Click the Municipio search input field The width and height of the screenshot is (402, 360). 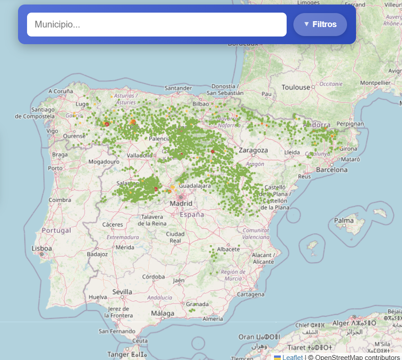(x=156, y=25)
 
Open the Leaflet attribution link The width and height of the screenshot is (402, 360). (x=292, y=357)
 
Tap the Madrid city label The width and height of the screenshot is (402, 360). (x=181, y=204)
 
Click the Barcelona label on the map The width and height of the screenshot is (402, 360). (x=332, y=170)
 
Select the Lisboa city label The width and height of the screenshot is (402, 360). (x=42, y=248)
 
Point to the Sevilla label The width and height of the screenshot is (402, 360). (x=122, y=292)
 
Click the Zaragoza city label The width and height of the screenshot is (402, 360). (x=254, y=150)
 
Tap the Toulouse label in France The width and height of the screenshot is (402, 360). (x=296, y=87)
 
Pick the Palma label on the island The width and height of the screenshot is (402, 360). (x=344, y=220)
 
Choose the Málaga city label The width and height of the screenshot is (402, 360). (x=163, y=313)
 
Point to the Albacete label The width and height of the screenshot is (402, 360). (x=228, y=249)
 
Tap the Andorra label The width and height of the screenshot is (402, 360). (x=318, y=125)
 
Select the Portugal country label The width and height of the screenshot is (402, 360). (x=56, y=230)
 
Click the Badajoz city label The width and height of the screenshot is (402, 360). (x=97, y=254)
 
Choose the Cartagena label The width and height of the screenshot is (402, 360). (x=251, y=294)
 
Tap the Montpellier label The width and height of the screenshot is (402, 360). (x=375, y=83)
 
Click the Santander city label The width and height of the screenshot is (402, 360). (x=178, y=88)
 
